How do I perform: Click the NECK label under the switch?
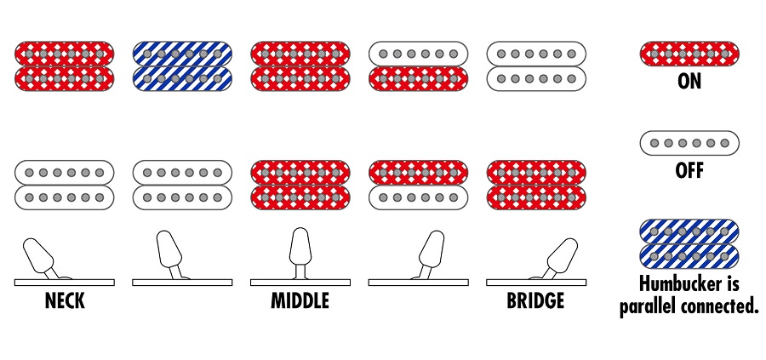tap(65, 301)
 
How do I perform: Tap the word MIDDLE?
tap(300, 301)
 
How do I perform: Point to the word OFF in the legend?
tap(689, 170)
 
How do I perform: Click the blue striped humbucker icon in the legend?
tap(689, 244)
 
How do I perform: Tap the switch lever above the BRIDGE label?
tap(558, 255)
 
